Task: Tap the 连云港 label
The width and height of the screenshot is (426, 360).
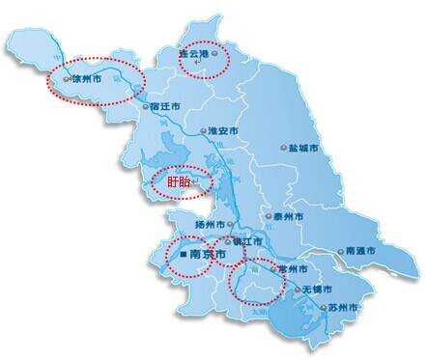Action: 194,55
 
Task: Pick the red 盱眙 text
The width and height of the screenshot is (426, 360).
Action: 179,180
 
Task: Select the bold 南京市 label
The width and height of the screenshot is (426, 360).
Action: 208,255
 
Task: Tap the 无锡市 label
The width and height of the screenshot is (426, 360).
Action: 317,290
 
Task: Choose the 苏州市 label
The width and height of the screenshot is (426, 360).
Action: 342,307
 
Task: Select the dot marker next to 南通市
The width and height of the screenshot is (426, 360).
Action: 345,249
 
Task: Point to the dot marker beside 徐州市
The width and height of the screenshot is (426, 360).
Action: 66,78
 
